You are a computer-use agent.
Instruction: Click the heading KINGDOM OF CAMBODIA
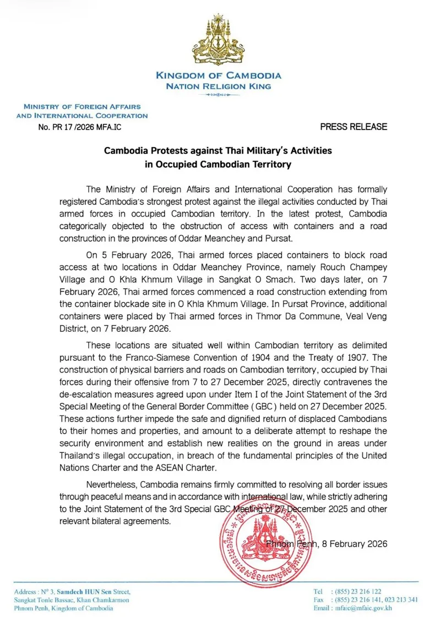pyautogui.click(x=219, y=75)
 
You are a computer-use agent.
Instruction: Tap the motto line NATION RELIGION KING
pyautogui.click(x=219, y=87)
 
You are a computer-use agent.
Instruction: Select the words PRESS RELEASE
pyautogui.click(x=354, y=127)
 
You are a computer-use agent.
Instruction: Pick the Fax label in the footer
pyautogui.click(x=318, y=600)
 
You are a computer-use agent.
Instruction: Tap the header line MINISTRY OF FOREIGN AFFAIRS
pyautogui.click(x=82, y=106)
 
